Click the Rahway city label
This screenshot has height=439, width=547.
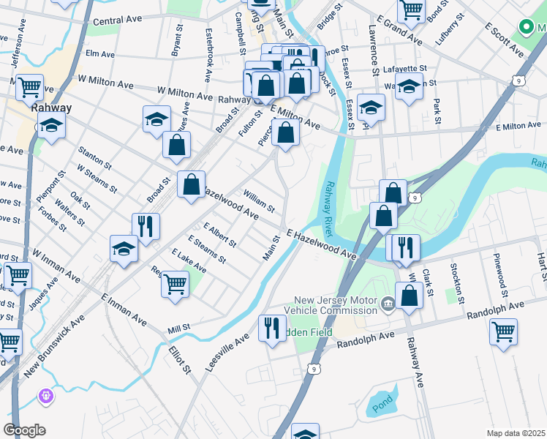point(52,108)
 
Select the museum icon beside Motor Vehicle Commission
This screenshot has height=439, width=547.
point(388,304)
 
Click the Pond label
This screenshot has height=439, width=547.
point(380,403)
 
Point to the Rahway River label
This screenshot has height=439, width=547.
point(330,209)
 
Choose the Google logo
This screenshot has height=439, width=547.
point(24,430)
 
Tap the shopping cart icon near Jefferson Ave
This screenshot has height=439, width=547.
point(30,86)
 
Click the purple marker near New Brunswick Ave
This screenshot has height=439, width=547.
point(46,396)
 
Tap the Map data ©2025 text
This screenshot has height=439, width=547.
point(515,433)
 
